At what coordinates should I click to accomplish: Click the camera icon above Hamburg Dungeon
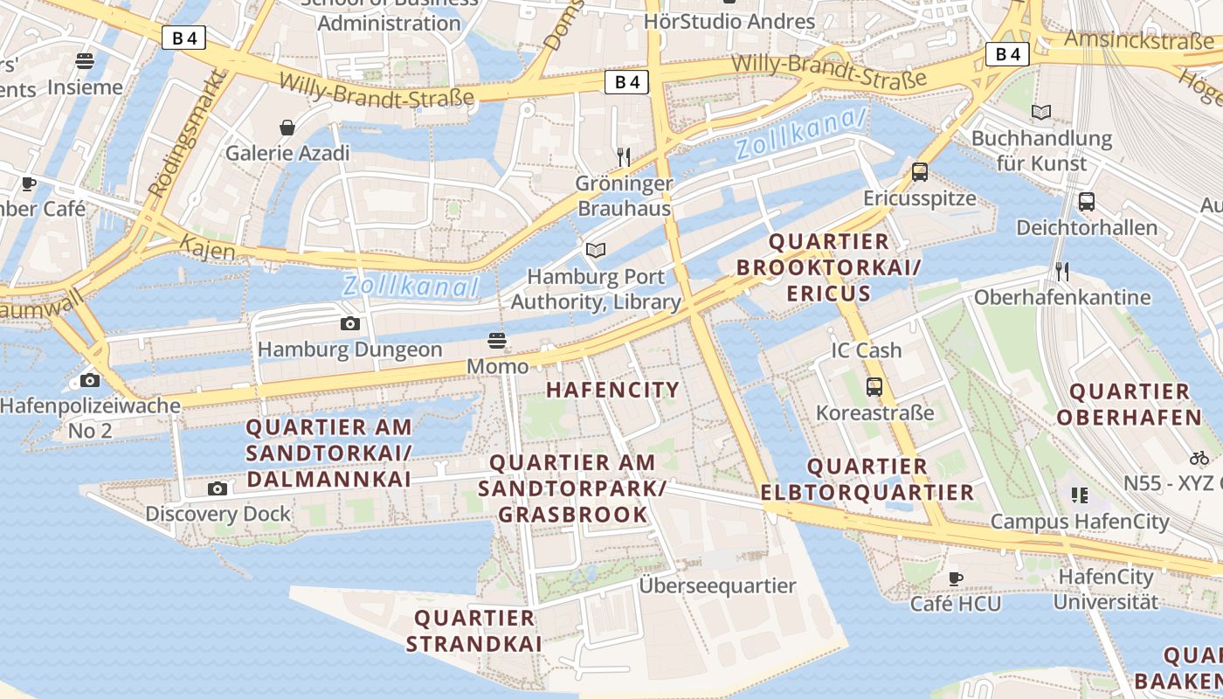click(x=349, y=323)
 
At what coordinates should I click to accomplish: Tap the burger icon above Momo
click(x=497, y=340)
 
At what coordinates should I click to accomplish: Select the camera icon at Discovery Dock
click(x=218, y=488)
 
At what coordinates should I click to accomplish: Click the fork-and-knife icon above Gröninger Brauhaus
click(x=624, y=157)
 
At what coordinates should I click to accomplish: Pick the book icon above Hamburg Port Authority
click(x=596, y=251)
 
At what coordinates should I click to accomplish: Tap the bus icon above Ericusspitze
click(x=919, y=172)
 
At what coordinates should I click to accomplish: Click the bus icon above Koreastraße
click(x=874, y=386)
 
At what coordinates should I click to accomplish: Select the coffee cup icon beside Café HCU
click(x=956, y=578)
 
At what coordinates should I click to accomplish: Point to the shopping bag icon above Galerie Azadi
click(x=287, y=128)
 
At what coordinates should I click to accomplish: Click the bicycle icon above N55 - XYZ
click(x=1199, y=458)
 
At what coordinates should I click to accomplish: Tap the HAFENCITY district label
click(x=612, y=390)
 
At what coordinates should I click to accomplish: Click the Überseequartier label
click(x=717, y=585)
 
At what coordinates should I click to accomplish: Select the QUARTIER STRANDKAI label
click(x=474, y=631)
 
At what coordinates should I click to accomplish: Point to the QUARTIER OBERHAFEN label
click(x=1130, y=404)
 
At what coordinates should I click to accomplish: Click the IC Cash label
click(x=866, y=350)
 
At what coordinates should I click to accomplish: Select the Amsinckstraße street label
click(x=1138, y=40)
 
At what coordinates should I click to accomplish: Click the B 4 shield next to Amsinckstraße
click(x=1007, y=54)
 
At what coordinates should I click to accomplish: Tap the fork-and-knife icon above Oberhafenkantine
click(x=1061, y=271)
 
